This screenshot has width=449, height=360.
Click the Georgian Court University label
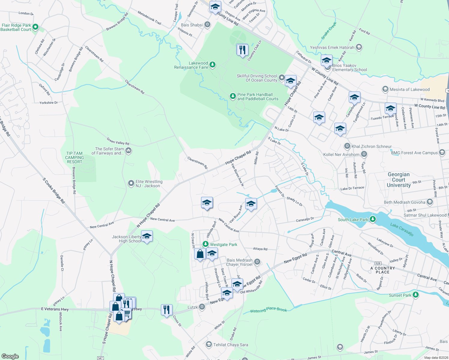(399, 180)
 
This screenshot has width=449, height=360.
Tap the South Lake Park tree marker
(373, 219)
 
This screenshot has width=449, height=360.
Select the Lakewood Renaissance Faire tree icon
(212, 64)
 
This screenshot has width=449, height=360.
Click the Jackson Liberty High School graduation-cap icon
(147, 236)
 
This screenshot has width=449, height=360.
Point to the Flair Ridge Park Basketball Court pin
(35, 27)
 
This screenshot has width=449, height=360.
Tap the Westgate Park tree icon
(206, 244)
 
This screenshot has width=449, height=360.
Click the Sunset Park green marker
(416, 295)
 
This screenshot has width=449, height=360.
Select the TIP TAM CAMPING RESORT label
(74, 157)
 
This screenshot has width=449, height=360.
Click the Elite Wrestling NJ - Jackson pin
(131, 183)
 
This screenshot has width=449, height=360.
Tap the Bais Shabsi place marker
(207, 25)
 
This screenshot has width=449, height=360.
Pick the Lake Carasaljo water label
(402, 229)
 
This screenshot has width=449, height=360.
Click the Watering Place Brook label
(268, 310)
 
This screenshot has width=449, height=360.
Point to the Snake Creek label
(329, 31)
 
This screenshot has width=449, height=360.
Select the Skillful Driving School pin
(282, 78)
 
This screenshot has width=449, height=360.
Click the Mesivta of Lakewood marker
(385, 89)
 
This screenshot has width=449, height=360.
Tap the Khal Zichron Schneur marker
(347, 146)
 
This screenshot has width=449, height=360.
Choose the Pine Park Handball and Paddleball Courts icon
(233, 96)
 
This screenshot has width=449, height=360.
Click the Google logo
(10, 356)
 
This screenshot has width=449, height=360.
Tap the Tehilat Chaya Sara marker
(209, 344)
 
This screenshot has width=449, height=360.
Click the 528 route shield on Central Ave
(378, 263)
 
